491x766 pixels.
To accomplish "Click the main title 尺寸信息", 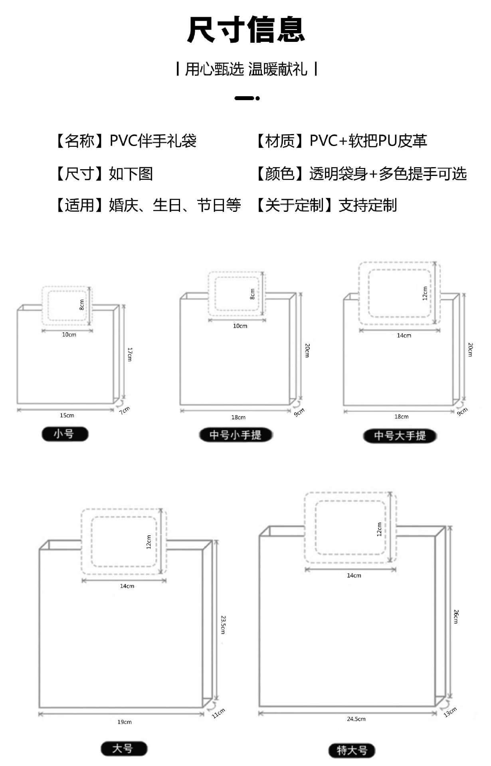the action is point(246,30).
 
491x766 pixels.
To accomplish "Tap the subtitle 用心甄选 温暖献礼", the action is point(246,69).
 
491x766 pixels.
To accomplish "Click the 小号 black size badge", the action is point(65,434).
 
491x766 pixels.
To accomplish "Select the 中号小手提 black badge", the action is point(236,435).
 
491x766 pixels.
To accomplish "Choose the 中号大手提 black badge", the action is point(400,436).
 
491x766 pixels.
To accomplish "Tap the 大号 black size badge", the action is point(124,748).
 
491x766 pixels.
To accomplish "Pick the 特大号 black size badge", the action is point(352,750).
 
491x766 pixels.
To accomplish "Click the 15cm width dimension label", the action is point(67,415).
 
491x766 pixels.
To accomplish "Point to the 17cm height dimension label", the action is point(129,354).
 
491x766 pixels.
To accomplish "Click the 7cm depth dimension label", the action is point(125,411).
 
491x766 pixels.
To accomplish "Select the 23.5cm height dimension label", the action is point(223,625).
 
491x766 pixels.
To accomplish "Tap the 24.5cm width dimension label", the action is point(356,719).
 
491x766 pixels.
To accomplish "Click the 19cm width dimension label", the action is point(125,722).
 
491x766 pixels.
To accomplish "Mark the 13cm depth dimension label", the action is point(450,711).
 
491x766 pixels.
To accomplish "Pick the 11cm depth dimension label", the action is point(218,713).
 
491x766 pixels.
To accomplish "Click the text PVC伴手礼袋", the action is point(153,141).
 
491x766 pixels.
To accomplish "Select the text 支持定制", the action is point(368,205).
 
